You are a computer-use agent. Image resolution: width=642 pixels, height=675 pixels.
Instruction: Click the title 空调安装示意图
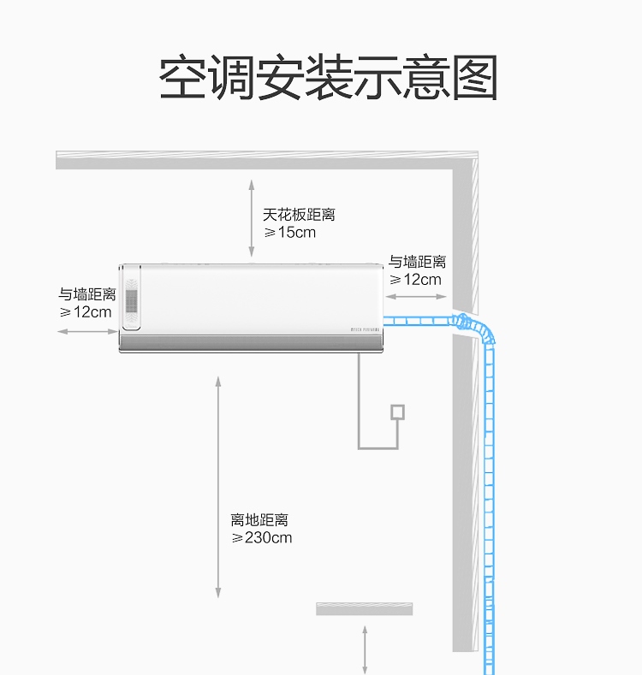(329, 78)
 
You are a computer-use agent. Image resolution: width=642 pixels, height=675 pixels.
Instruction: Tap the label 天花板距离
(299, 215)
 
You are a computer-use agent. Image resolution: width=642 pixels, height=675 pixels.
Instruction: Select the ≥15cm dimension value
(290, 233)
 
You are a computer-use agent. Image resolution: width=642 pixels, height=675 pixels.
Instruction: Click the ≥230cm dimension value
(262, 537)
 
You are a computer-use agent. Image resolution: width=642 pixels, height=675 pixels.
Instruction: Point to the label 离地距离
(259, 519)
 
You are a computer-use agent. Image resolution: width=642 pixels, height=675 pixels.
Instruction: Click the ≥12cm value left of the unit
(86, 312)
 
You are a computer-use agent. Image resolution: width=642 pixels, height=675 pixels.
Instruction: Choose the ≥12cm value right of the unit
(415, 280)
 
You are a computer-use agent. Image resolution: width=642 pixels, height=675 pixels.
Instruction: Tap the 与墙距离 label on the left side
(87, 294)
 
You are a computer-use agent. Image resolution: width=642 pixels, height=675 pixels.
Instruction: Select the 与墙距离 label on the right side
(417, 262)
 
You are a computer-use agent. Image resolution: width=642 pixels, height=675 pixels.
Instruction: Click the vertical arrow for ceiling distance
(252, 219)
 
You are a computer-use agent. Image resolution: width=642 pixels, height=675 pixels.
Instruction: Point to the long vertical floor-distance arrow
(218, 488)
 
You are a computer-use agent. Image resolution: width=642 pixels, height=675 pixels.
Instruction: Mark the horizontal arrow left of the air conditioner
(87, 331)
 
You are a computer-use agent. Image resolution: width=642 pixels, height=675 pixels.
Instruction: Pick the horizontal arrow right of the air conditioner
(416, 297)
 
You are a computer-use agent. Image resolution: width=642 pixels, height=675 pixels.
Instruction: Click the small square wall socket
(398, 412)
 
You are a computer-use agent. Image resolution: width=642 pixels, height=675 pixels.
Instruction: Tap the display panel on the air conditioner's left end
(131, 298)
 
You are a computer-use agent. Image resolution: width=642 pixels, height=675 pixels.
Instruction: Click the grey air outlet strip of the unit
(251, 343)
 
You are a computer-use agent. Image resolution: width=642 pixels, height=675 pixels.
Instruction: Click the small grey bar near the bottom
(365, 609)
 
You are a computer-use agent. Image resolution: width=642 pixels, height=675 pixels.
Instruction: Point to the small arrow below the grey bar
(365, 650)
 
